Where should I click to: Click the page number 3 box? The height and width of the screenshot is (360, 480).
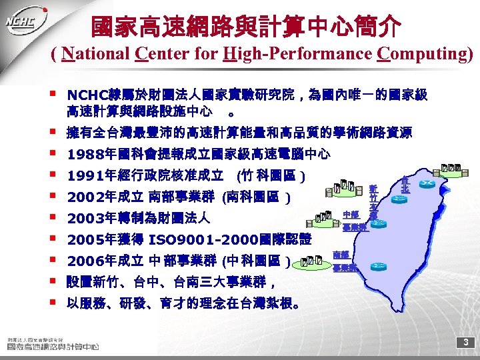(x=467, y=343)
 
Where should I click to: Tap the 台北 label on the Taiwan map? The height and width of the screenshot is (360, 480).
(x=405, y=185)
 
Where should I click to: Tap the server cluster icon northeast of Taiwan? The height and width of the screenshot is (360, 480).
(x=451, y=167)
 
